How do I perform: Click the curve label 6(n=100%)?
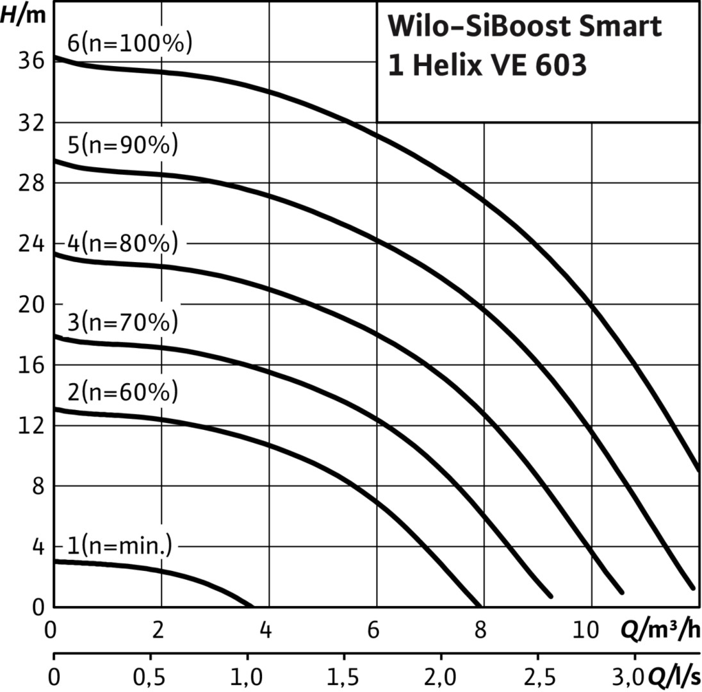pyautogui.click(x=129, y=45)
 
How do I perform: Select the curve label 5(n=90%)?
pyautogui.click(x=122, y=145)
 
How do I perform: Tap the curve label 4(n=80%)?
pyautogui.click(x=122, y=244)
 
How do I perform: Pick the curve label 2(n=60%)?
pyautogui.click(x=122, y=391)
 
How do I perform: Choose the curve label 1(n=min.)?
pyautogui.click(x=120, y=546)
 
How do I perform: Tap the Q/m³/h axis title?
pyautogui.click(x=660, y=631)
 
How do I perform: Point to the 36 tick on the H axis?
pyautogui.click(x=31, y=62)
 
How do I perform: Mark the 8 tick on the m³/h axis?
pyautogui.click(x=480, y=631)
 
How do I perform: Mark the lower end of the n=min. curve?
pyautogui.click(x=250, y=605)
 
